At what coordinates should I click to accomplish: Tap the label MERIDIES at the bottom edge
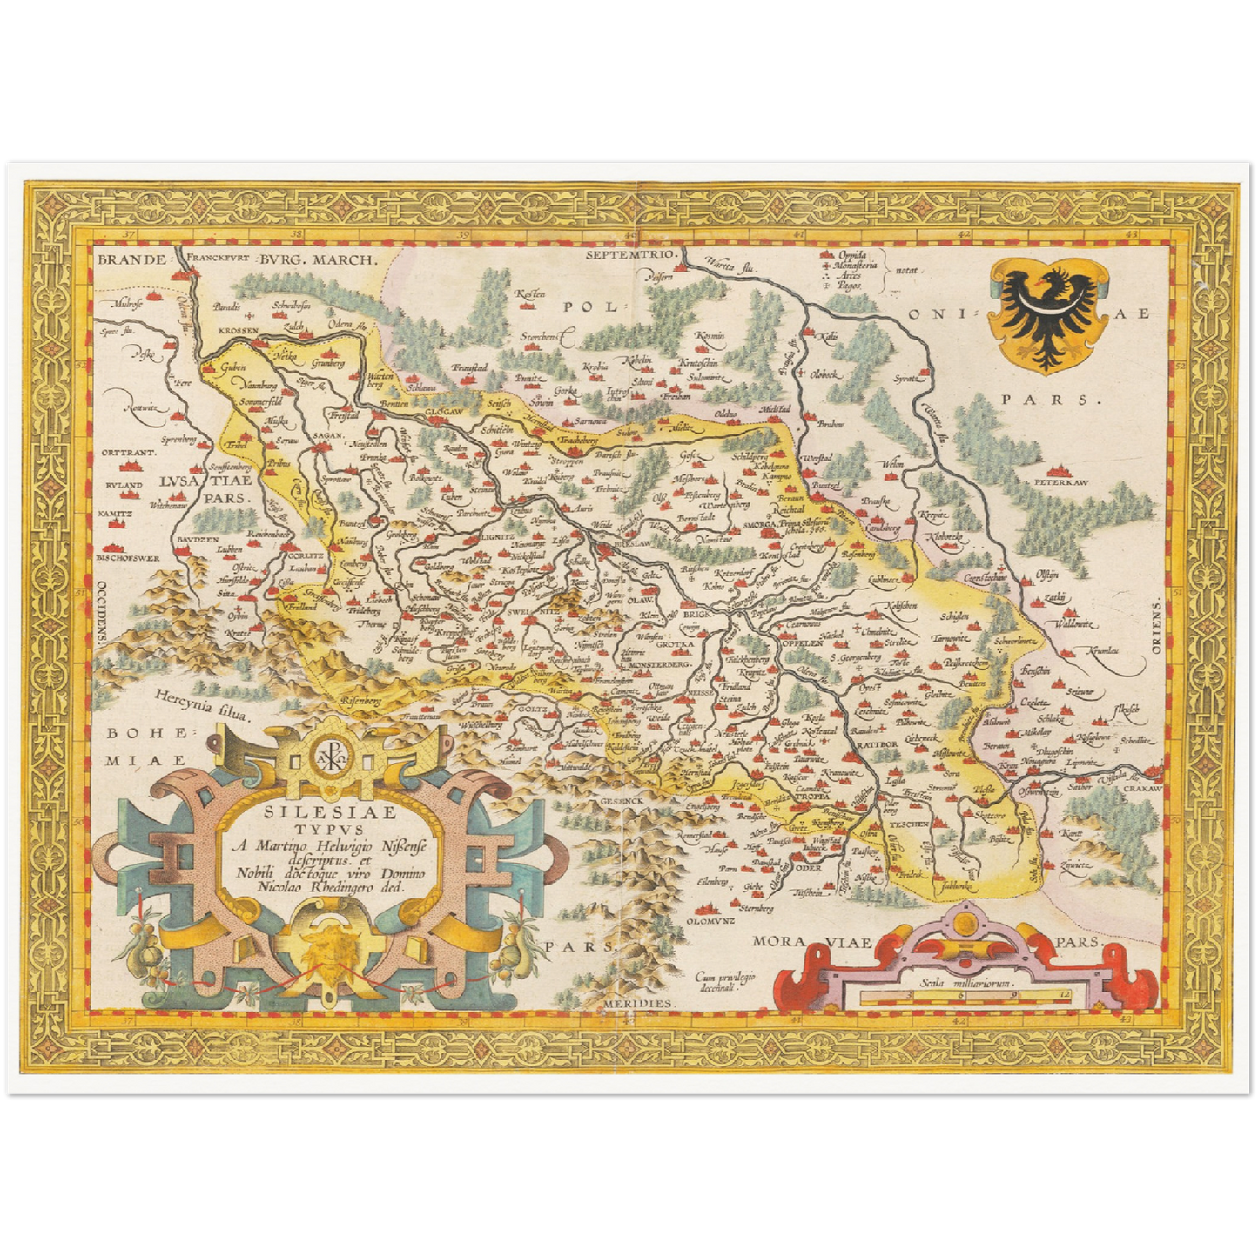(638, 1004)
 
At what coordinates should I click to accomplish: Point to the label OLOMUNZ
(710, 920)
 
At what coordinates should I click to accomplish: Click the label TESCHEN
(908, 823)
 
